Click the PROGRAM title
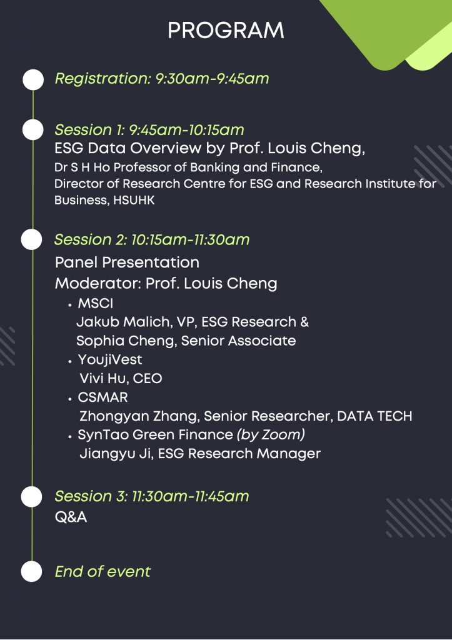coord(226,31)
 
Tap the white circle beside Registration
coord(33,79)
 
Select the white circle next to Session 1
coord(33,130)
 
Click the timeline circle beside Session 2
coord(32,239)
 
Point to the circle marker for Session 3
coord(31,497)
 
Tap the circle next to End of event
coord(31,571)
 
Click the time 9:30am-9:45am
coord(212,78)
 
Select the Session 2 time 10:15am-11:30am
coord(190,239)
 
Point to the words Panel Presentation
coord(127,262)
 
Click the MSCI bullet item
coord(95,304)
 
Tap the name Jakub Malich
coord(123,322)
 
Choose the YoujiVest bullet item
coord(110,359)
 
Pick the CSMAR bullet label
coord(103,397)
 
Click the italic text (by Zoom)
coord(271,435)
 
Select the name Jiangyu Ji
coord(115,454)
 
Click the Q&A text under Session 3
coord(71,517)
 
